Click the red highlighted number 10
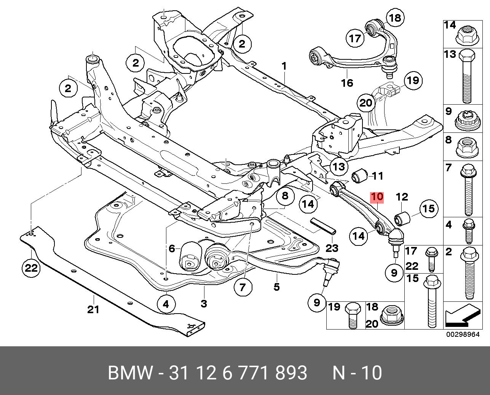(377, 197)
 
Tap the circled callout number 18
(395, 18)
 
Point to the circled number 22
(31, 268)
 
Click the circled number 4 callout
(166, 304)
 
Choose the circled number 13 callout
(338, 166)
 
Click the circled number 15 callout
(429, 209)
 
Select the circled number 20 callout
(366, 103)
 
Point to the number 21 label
(93, 309)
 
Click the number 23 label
(332, 248)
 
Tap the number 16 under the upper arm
(347, 83)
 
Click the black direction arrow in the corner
(461, 316)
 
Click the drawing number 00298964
(463, 335)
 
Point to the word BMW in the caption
(131, 373)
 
